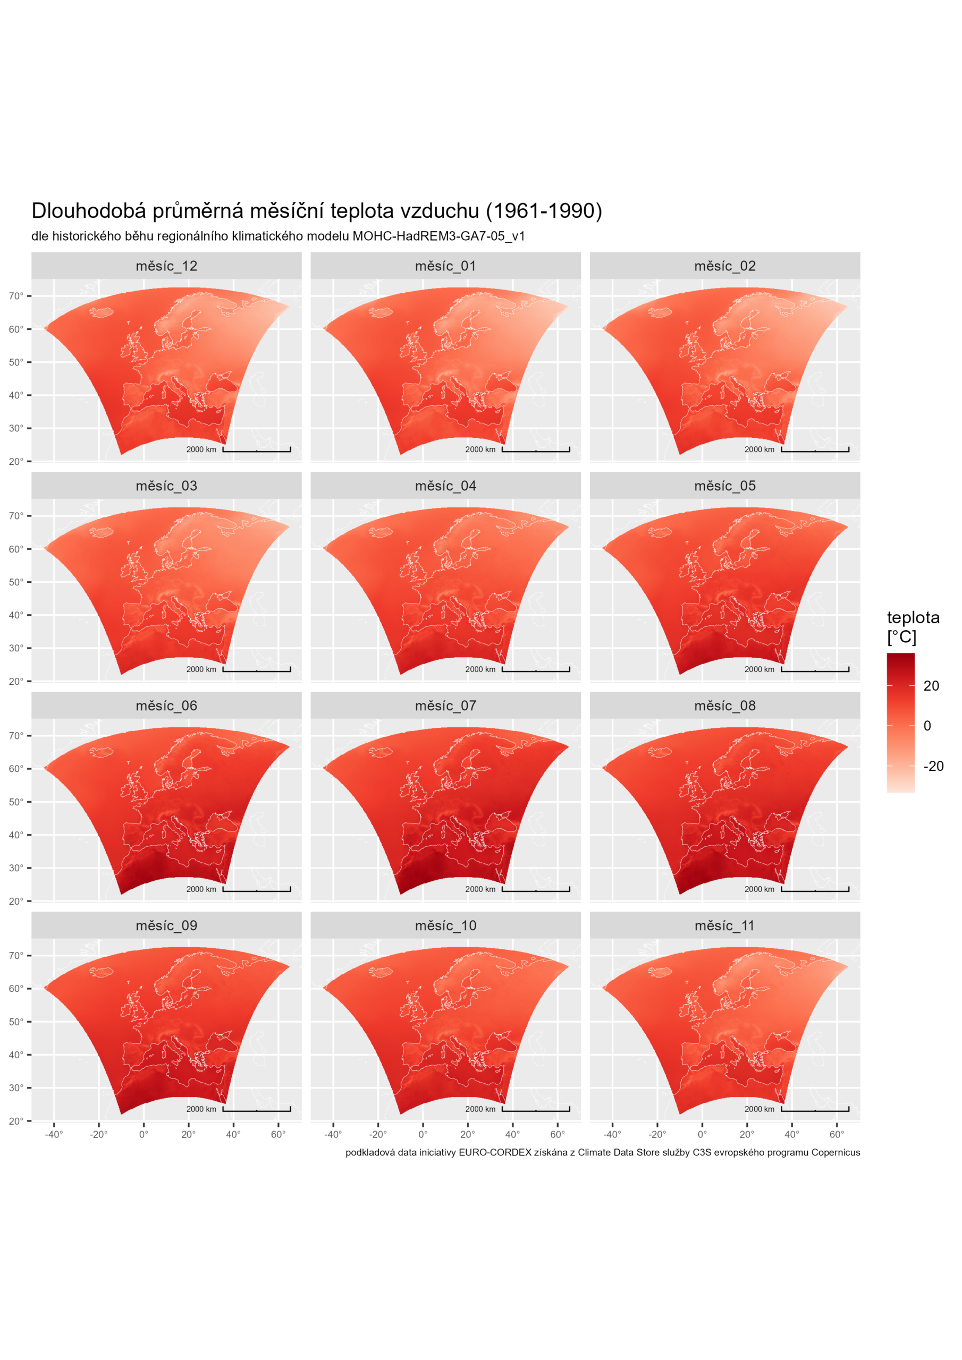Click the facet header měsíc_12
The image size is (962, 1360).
coord(166,266)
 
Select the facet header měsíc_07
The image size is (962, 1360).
coord(445,705)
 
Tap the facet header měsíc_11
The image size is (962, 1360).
coord(724,925)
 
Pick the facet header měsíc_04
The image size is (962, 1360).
coord(445,486)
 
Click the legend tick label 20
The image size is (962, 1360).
coord(931,686)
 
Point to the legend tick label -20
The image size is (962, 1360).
coord(933,766)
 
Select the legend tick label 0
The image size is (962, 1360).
coord(927,726)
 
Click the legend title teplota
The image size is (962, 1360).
coord(913,618)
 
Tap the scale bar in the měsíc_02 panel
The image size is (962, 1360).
coord(814,450)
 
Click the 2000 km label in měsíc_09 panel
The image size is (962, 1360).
coord(201,1109)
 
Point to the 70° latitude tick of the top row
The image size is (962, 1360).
coord(16,295)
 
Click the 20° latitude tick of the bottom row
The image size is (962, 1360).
coord(16,1121)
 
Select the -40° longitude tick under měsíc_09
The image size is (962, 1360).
coord(53,1134)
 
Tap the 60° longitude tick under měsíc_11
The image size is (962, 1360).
coord(837,1134)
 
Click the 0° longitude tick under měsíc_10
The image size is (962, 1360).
coord(423,1134)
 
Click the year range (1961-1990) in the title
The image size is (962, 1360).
coord(544,211)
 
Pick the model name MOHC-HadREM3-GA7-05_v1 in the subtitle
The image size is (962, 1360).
coord(438,236)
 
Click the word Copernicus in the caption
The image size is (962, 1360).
coord(835,1152)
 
